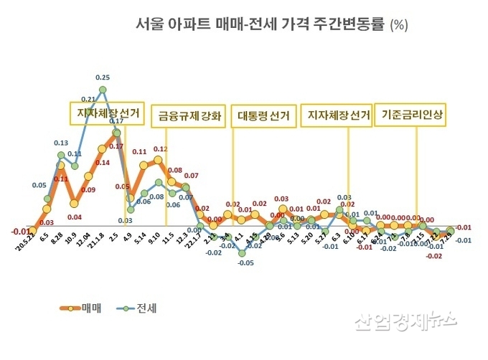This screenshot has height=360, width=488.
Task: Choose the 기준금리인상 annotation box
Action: (413, 115)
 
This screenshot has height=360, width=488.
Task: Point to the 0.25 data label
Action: (103, 77)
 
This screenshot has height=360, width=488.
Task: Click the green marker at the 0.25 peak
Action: (103, 90)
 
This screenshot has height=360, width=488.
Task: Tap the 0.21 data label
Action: (88, 99)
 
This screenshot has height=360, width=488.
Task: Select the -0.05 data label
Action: (245, 263)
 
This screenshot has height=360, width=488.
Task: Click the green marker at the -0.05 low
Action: (243, 252)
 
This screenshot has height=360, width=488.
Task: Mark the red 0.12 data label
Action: (161, 149)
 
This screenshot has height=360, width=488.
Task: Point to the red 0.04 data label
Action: (74, 216)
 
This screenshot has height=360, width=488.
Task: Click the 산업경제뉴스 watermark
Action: (405, 322)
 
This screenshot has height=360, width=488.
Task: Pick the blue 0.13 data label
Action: (61, 143)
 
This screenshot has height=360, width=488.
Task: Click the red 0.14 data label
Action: (102, 163)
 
